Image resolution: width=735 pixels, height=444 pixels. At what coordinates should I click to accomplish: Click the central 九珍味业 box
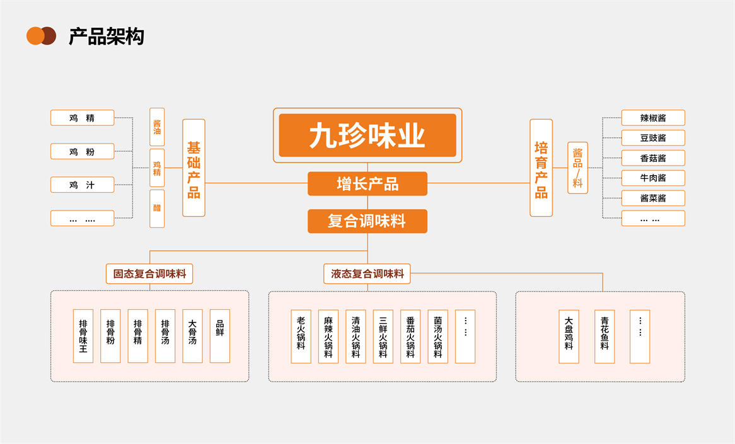[367, 135]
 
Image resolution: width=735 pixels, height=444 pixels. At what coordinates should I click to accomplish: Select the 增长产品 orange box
[367, 184]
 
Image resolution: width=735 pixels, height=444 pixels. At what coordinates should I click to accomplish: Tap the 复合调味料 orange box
[367, 221]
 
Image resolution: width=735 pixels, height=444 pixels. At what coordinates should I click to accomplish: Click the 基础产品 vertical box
[194, 168]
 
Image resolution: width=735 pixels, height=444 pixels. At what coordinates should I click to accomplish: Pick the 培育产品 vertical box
[541, 168]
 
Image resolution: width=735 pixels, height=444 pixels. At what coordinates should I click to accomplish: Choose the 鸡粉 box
[82, 151]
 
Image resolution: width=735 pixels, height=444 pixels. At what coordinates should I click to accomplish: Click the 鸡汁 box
[82, 185]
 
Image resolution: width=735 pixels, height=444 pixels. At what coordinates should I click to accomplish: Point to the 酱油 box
[157, 127]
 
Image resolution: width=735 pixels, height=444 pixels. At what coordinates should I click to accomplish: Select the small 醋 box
[157, 208]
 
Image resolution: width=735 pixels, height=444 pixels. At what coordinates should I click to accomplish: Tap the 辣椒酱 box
[653, 118]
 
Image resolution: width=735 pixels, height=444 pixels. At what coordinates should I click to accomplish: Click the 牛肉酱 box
[653, 178]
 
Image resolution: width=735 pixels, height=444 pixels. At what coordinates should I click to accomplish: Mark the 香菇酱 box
[653, 157]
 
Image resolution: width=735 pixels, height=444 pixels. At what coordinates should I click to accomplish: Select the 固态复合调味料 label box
[149, 274]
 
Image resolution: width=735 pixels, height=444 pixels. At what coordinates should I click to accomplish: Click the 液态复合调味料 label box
[367, 274]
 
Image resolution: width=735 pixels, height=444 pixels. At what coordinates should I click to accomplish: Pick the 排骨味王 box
[83, 336]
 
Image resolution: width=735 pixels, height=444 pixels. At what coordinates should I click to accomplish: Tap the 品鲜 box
[219, 336]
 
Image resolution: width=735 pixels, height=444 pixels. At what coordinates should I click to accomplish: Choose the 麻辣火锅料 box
[328, 336]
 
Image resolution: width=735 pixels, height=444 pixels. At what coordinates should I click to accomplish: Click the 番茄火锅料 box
[410, 336]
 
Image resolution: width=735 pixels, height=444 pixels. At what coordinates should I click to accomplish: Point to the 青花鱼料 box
[604, 336]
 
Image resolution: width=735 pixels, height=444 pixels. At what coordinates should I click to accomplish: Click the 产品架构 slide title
[106, 37]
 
